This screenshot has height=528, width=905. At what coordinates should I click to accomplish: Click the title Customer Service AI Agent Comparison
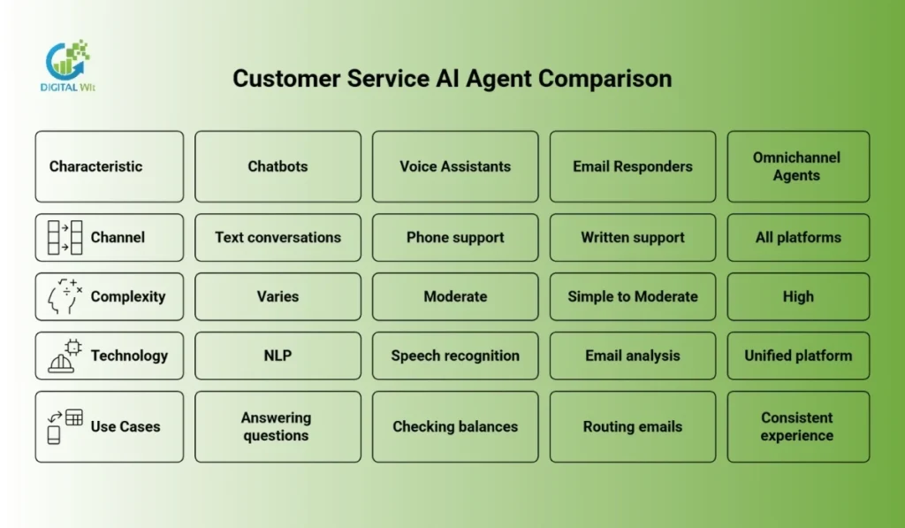click(x=452, y=78)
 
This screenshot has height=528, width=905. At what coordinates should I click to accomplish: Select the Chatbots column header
click(x=278, y=166)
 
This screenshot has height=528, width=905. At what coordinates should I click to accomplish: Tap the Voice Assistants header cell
click(x=455, y=166)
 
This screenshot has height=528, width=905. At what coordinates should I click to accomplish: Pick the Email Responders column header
click(x=633, y=166)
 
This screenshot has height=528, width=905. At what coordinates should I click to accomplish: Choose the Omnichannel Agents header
click(x=797, y=166)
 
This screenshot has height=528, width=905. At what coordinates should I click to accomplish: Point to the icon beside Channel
click(x=65, y=237)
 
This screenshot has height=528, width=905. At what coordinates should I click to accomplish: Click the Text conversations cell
click(x=278, y=237)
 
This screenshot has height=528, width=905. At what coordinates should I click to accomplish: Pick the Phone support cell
click(x=455, y=237)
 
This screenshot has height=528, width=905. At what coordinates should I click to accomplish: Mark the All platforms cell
click(x=797, y=237)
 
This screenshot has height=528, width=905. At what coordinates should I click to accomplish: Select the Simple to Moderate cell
click(x=633, y=296)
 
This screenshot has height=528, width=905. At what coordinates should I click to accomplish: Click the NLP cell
click(x=278, y=356)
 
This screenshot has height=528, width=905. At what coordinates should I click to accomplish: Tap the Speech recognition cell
click(x=455, y=356)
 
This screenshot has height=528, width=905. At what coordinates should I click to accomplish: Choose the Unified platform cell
click(x=797, y=356)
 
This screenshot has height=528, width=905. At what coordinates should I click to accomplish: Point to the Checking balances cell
click(x=455, y=426)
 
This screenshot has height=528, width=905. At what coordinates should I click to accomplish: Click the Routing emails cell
click(x=633, y=426)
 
